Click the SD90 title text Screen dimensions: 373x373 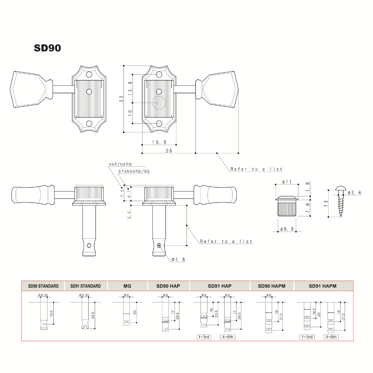(x=47, y=48)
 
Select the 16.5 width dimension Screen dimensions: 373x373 (x=159, y=142)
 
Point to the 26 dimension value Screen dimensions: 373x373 (x=169, y=151)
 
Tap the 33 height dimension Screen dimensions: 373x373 (x=121, y=99)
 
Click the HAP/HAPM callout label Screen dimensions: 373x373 (x=120, y=164)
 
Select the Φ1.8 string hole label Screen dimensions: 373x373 (x=178, y=259)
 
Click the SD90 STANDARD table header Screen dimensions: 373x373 (x=43, y=286)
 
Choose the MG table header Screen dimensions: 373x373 (x=127, y=286)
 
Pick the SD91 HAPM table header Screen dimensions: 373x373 (x=323, y=286)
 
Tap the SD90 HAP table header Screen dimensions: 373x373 (x=169, y=286)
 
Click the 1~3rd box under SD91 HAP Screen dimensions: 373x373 (x=204, y=337)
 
